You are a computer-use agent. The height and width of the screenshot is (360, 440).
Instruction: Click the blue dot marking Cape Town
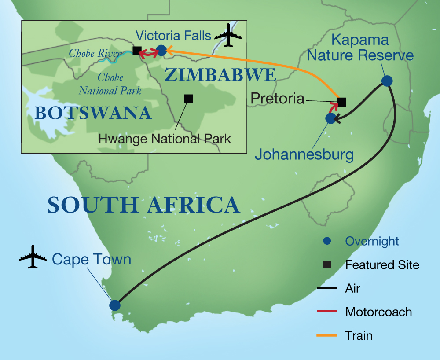point(114,305)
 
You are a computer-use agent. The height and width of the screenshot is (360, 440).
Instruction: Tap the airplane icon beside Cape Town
point(33,257)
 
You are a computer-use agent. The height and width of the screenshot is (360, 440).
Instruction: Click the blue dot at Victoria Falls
point(161,51)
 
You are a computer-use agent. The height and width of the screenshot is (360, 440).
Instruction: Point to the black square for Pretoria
point(341,102)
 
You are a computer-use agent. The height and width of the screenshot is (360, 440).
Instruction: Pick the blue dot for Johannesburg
point(330,118)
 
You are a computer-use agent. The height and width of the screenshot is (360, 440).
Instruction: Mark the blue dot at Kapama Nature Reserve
point(387,81)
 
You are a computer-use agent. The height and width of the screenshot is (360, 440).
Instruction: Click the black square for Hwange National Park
point(188,99)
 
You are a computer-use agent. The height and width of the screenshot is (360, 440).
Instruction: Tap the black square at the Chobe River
point(137,51)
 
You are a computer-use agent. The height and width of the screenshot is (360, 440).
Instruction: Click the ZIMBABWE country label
point(220,75)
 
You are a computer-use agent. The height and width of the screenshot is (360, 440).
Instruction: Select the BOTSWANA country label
point(93,114)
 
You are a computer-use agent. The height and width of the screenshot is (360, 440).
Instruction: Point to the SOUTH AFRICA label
point(143,206)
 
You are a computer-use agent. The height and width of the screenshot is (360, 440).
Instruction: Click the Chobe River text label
point(94,54)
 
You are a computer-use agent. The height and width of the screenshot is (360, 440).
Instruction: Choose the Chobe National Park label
point(110,84)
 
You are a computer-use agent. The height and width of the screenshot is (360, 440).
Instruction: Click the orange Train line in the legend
point(326,336)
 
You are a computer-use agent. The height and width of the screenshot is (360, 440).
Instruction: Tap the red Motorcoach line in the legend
point(326,312)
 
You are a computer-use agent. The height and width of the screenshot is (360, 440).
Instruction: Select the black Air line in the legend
point(326,289)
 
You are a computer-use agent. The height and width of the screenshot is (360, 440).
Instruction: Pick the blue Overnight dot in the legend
point(326,241)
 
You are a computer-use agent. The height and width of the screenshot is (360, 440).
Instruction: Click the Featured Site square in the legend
point(326,265)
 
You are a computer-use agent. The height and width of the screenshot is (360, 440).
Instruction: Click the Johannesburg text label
point(304,154)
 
